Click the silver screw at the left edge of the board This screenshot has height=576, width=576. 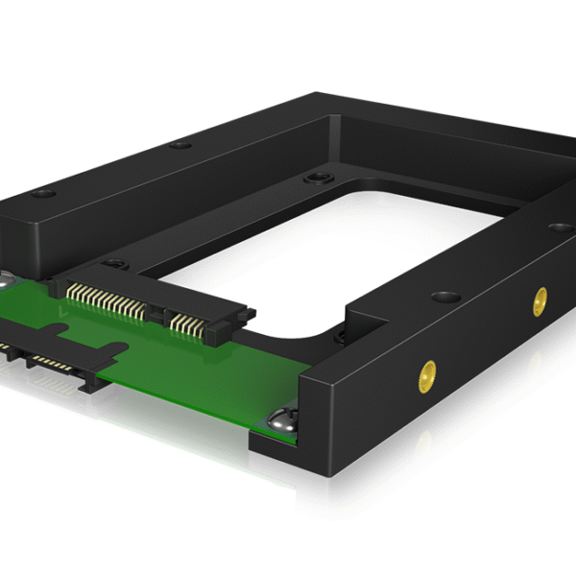pyautogui.click(x=5, y=279)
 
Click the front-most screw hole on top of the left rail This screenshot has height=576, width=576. pyautogui.click(x=39, y=194)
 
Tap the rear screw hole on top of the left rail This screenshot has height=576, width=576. pyautogui.click(x=178, y=146)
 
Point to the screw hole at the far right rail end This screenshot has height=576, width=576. pyautogui.click(x=556, y=228)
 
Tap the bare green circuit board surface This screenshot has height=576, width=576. pyautogui.click(x=192, y=379)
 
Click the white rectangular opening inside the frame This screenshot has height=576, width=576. pyautogui.click(x=326, y=250)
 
